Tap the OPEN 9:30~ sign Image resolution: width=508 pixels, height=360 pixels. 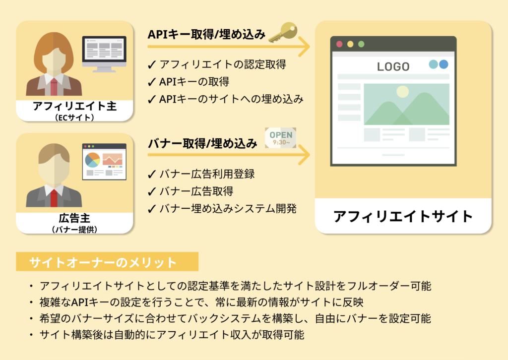[x=281, y=138]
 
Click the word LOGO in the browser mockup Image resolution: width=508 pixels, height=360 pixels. [x=393, y=66]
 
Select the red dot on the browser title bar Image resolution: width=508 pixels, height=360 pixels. [x=339, y=44]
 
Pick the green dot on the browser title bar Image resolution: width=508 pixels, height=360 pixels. [x=361, y=44]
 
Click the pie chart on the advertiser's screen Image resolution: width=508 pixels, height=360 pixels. [x=92, y=160]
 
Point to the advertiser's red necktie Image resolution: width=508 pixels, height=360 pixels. [x=54, y=198]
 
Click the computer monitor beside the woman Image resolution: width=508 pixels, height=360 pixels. [x=104, y=54]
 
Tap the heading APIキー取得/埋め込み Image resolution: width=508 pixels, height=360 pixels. [x=206, y=34]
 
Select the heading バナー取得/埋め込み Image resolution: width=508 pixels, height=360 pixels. [x=202, y=143]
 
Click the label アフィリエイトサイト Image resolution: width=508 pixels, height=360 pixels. [x=403, y=216]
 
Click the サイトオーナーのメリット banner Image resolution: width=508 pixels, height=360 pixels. [x=107, y=262]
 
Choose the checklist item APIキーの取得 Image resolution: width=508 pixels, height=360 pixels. [x=189, y=82]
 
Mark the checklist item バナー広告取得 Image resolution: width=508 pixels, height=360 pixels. [x=190, y=191]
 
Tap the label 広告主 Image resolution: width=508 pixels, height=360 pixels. [x=74, y=218]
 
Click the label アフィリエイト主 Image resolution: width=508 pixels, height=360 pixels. [x=74, y=106]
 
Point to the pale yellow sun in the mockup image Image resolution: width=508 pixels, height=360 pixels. [x=403, y=92]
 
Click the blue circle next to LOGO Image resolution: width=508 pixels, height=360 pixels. [x=444, y=64]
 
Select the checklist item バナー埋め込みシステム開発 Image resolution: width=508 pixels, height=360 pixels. [x=222, y=209]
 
